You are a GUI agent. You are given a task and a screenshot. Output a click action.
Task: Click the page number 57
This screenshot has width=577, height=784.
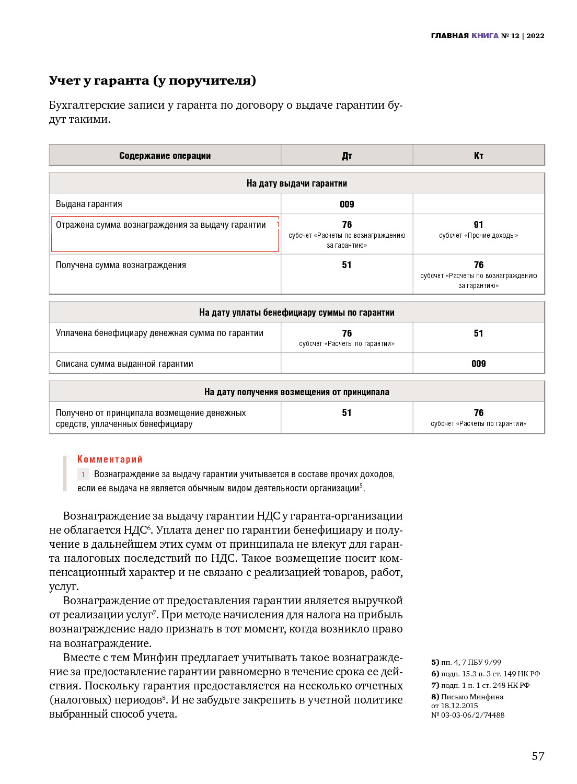click(x=538, y=756)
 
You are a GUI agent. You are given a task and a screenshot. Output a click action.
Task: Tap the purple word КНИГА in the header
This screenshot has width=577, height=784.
click(x=484, y=36)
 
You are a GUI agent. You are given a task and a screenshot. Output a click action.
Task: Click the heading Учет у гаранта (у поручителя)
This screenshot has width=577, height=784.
click(x=152, y=80)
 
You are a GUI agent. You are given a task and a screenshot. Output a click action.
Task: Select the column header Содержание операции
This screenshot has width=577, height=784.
click(x=165, y=156)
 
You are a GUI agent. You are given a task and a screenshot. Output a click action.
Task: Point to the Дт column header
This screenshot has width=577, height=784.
click(x=347, y=156)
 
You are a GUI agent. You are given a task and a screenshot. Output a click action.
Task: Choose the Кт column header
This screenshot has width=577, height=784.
click(x=478, y=156)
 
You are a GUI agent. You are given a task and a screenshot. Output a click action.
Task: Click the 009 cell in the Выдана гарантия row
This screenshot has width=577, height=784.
click(x=347, y=204)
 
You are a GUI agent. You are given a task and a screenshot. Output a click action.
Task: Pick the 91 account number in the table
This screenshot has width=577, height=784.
click(x=478, y=225)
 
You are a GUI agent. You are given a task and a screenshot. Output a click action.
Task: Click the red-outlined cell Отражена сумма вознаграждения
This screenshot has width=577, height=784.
click(x=165, y=234)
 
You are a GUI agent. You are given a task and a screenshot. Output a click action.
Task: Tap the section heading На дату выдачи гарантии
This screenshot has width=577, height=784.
click(x=296, y=183)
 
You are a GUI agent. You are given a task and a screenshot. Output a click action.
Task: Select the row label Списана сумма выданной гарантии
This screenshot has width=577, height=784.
click(x=124, y=364)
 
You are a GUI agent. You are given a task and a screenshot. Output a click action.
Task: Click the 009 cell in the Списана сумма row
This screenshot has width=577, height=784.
click(x=478, y=364)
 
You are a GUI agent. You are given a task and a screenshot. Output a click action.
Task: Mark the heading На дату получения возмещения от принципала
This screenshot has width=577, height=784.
click(x=296, y=392)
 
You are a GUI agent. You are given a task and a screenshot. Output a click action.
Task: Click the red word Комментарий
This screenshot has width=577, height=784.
click(x=110, y=459)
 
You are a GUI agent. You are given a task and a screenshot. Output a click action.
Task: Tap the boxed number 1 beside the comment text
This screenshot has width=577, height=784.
click(x=83, y=475)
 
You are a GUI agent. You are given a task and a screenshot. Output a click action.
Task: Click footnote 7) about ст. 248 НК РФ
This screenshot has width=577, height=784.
click(x=480, y=685)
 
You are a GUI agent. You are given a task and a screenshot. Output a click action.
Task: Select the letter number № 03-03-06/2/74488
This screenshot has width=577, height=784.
click(x=468, y=715)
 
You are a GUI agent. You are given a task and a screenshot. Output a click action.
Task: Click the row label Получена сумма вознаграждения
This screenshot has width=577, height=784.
click(x=121, y=265)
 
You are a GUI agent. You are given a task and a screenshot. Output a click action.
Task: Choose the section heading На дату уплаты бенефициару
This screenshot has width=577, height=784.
click(x=296, y=313)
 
